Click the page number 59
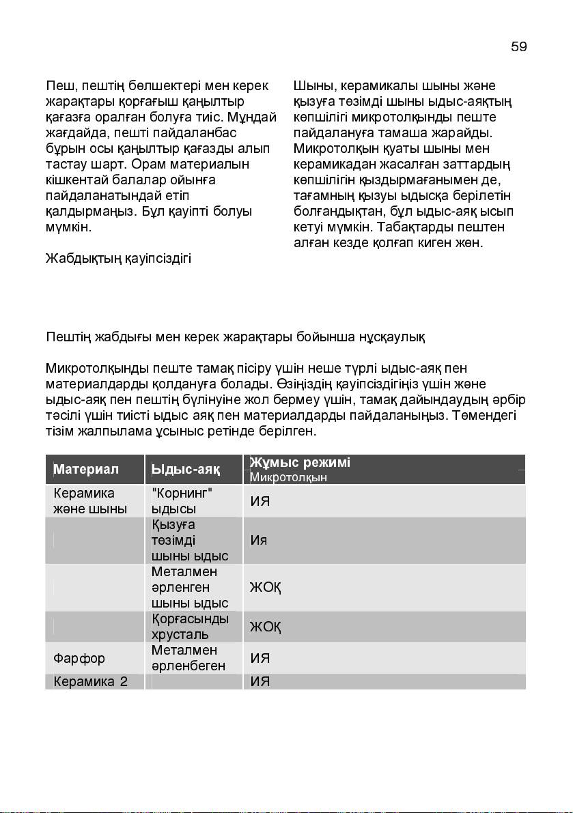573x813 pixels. click(x=518, y=46)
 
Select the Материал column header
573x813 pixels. click(x=86, y=470)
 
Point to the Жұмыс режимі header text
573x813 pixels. click(x=300, y=463)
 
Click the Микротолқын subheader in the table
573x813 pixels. click(x=288, y=477)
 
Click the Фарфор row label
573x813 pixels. click(x=79, y=659)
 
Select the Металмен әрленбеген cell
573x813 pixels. click(x=188, y=658)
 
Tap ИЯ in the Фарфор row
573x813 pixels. click(x=260, y=659)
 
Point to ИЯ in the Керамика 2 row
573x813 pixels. click(x=260, y=681)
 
